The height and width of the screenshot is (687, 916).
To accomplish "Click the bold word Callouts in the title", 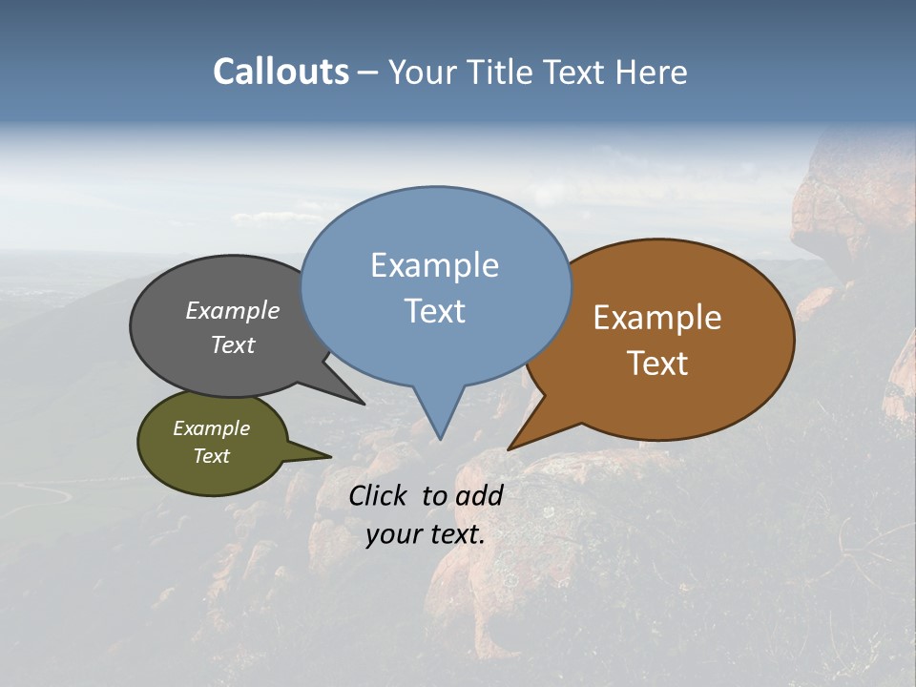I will point(281,72).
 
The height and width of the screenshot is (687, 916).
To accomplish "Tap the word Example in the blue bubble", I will point(434,265).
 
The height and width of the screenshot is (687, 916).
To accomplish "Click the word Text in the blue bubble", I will point(434,310).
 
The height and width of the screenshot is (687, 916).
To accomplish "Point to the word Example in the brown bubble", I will point(657,318).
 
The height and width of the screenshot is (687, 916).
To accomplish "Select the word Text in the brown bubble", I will point(657,363).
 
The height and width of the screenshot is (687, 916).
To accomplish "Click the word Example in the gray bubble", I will point(233,310).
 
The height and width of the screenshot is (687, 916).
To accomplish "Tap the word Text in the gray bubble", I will point(233,344).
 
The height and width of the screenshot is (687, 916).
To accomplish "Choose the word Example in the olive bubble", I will point(211,428).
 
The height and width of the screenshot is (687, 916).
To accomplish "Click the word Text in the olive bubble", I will point(211,456).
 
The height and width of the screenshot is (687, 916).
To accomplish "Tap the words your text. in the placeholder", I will point(425,534).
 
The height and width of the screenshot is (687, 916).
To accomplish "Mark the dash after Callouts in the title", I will point(368,73).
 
